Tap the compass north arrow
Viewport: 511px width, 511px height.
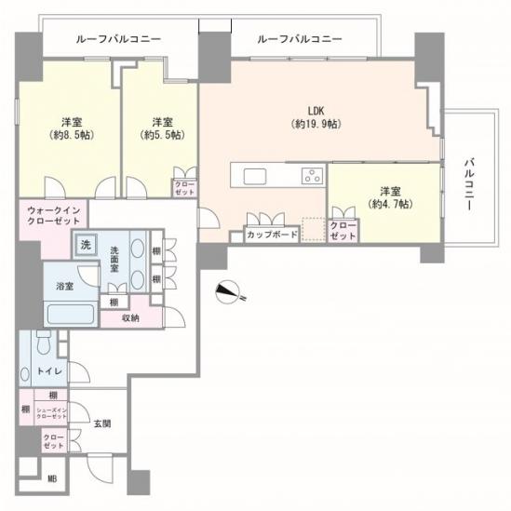(x=227, y=291)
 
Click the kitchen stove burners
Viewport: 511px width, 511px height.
(x=310, y=176)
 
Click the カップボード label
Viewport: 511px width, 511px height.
(x=272, y=235)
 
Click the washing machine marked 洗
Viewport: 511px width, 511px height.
(x=86, y=246)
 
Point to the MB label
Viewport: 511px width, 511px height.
(x=51, y=480)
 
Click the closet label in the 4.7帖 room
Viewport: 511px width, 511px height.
(x=343, y=231)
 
